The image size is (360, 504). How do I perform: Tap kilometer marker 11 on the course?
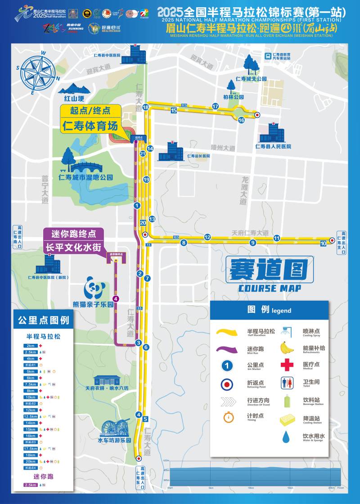tap(277, 238)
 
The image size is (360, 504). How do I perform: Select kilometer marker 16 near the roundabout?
tap(241, 120)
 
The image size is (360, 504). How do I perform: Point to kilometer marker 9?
tap(253, 243)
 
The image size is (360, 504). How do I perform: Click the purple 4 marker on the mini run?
tap(116, 298)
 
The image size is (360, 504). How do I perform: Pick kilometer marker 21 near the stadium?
tap(143, 154)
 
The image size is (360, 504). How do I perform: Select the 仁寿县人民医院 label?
tap(273, 146)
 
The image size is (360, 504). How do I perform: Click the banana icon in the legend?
tap(287, 348)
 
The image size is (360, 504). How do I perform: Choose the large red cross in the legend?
tap(287, 365)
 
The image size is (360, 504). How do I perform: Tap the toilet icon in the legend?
tap(287, 383)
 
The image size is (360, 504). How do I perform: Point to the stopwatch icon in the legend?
tap(229, 417)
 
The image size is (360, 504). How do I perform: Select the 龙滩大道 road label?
tap(243, 189)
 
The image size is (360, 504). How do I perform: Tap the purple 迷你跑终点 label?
tap(74, 234)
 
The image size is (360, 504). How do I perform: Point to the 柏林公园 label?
tap(233, 97)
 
